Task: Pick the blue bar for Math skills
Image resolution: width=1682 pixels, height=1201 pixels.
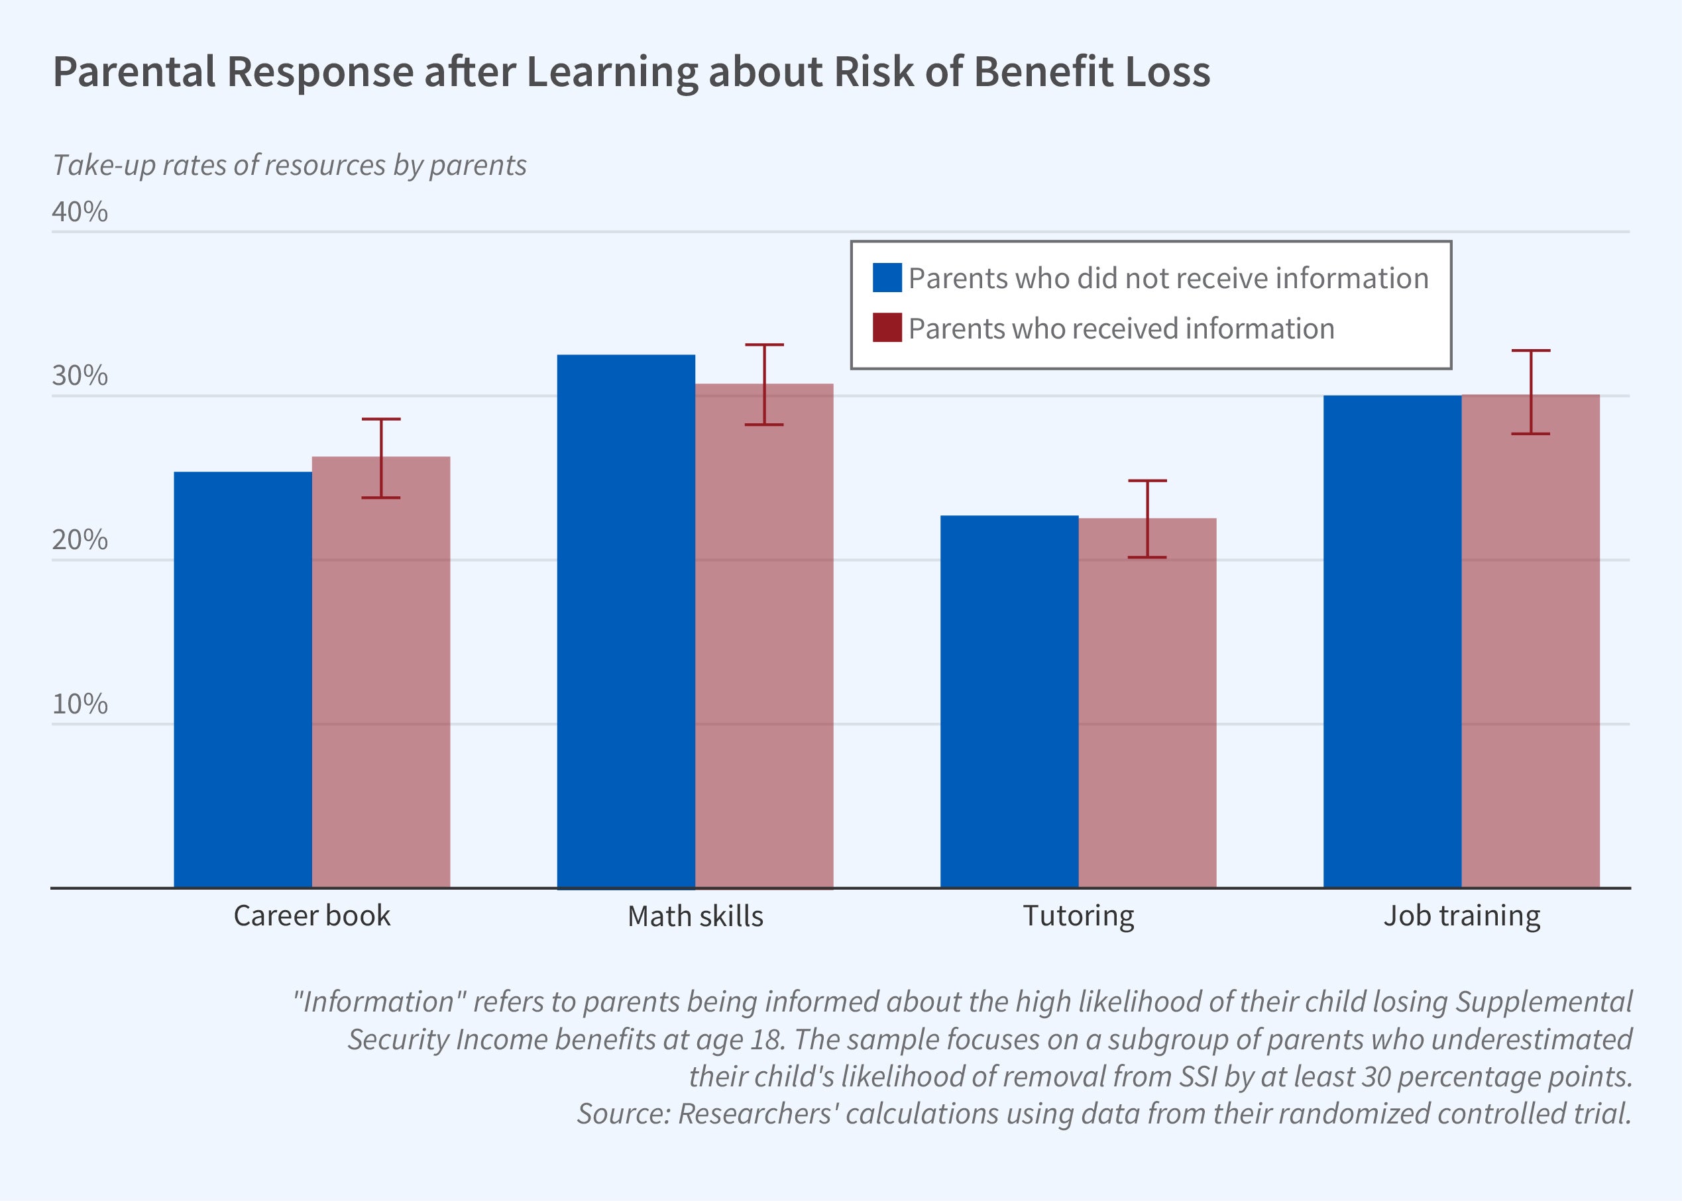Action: (x=626, y=621)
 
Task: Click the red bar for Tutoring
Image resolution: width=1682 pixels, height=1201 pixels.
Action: (x=1147, y=703)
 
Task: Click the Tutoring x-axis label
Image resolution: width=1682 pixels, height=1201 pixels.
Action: (x=1078, y=916)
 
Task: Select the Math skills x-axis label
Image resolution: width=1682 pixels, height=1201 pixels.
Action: (x=695, y=916)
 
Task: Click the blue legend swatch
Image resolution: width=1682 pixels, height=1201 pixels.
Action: (x=887, y=278)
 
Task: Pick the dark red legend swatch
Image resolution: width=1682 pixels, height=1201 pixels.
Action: (x=887, y=329)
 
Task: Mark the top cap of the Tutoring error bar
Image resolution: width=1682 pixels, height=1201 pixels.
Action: (x=1147, y=481)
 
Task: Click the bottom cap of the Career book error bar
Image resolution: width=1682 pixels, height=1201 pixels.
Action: (x=381, y=497)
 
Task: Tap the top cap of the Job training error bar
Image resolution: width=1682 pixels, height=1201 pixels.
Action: (x=1530, y=350)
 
